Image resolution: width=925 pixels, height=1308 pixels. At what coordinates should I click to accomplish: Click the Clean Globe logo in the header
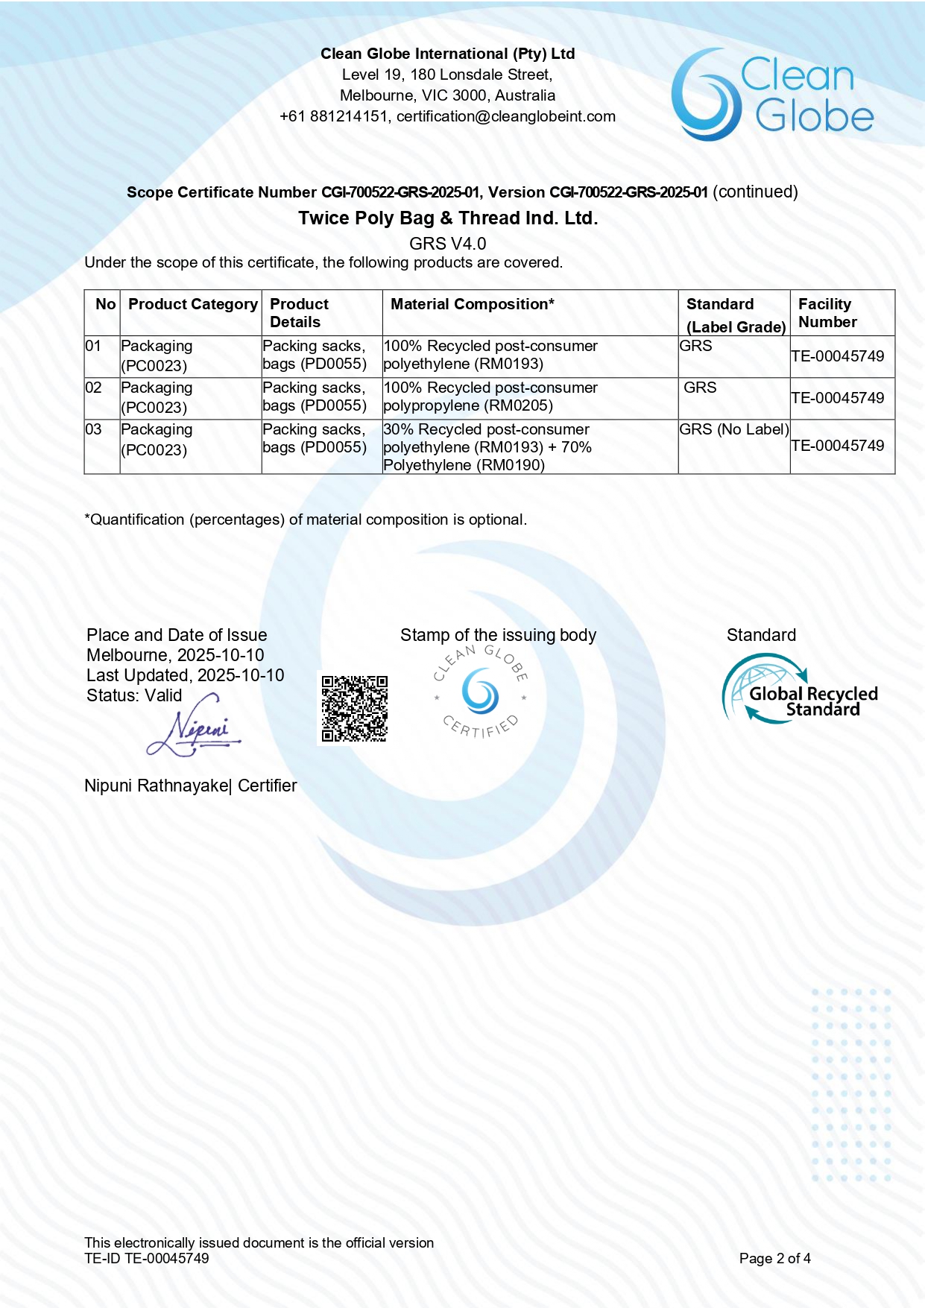772,95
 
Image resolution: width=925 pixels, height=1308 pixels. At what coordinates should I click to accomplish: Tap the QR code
354,708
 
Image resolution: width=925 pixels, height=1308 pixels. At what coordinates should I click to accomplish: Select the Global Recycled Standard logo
799,689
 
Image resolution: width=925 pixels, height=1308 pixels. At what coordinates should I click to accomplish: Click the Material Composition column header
473,304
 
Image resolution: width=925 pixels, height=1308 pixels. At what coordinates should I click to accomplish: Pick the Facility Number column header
827,313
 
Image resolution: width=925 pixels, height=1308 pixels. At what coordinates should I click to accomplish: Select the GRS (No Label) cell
733,429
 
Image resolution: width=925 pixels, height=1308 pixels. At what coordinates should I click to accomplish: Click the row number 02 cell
94,388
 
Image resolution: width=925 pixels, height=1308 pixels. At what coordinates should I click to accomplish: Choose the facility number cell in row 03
838,446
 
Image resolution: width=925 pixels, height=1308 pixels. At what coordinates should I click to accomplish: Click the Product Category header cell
192,304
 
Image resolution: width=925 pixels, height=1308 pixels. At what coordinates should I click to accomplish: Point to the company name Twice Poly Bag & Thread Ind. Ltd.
448,218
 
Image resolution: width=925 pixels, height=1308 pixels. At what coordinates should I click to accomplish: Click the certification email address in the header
506,116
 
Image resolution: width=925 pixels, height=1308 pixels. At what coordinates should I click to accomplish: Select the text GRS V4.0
447,244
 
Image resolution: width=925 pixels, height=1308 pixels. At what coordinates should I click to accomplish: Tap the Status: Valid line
134,695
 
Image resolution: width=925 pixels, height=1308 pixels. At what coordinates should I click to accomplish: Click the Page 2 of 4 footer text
774,1258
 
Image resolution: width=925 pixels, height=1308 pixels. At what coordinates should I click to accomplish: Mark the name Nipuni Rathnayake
156,786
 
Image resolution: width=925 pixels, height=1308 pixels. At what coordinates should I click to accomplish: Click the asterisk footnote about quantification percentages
306,519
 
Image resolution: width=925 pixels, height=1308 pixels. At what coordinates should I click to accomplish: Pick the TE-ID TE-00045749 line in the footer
147,1258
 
